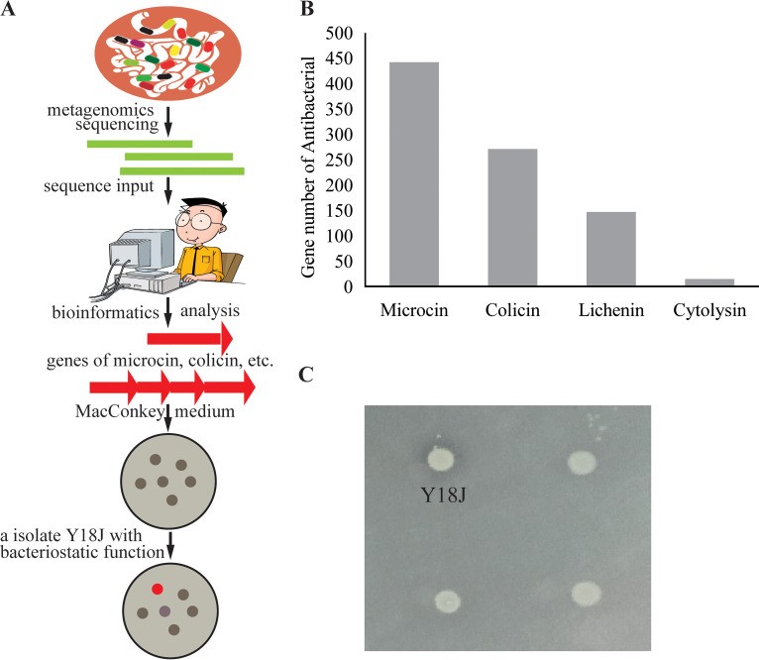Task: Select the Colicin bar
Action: click(512, 218)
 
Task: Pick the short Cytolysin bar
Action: click(709, 282)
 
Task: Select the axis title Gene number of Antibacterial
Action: click(309, 161)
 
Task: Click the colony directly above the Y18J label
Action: click(438, 459)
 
